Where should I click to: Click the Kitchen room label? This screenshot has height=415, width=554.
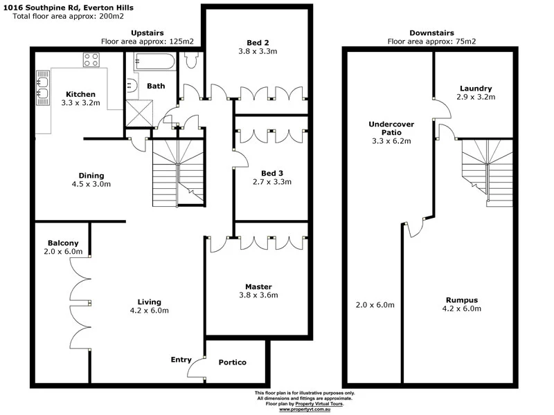click(80, 94)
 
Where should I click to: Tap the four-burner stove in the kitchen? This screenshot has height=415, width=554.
click(92, 59)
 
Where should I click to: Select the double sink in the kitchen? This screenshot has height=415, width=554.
click(42, 89)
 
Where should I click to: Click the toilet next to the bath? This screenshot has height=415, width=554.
click(192, 60)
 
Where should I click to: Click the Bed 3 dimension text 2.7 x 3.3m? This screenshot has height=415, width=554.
click(271, 182)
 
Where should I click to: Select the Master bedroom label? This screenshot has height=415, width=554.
click(258, 286)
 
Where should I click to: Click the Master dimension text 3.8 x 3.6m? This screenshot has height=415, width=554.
click(258, 295)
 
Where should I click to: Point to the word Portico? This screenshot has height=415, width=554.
click(232, 362)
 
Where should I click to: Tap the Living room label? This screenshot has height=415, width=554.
click(149, 302)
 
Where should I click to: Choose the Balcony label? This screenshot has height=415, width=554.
click(63, 243)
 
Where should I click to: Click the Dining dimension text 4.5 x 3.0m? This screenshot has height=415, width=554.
click(91, 184)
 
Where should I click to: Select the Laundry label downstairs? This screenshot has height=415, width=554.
click(475, 89)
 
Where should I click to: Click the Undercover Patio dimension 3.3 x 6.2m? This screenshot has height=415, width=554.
click(391, 141)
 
